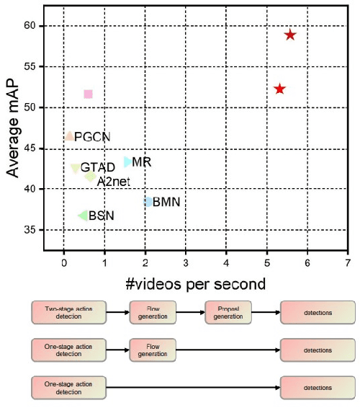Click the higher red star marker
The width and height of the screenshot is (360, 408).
[x=290, y=35]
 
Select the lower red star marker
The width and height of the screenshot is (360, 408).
[x=279, y=89]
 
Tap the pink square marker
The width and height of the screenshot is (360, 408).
[x=88, y=94]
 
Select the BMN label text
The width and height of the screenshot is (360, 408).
[x=166, y=202]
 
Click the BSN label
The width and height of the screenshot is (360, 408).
[x=101, y=216]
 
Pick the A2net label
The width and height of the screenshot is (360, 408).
[x=113, y=181]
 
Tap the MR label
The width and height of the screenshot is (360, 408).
[x=141, y=162]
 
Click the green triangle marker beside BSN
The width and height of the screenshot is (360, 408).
[x=83, y=216]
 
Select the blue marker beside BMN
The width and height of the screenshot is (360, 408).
[x=149, y=202]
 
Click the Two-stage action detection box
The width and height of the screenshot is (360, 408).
[x=68, y=312]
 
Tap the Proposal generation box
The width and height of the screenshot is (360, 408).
[x=228, y=312]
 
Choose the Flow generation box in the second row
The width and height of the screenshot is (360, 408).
[x=152, y=350]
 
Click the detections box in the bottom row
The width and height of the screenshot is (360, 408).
[x=318, y=387]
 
